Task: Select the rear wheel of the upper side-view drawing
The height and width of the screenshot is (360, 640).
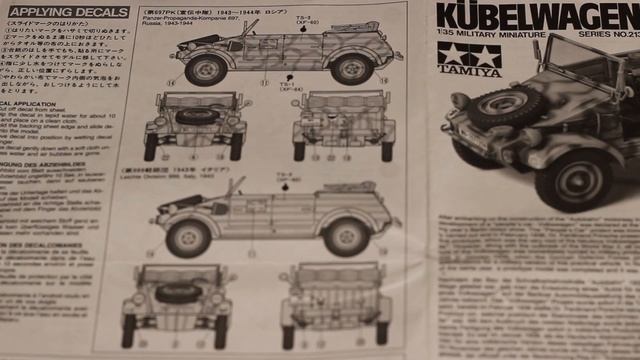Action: click(x=352, y=68)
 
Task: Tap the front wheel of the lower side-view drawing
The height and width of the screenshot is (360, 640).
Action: click(x=188, y=238)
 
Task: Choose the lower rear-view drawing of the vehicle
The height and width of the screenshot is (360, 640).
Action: click(x=335, y=301)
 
